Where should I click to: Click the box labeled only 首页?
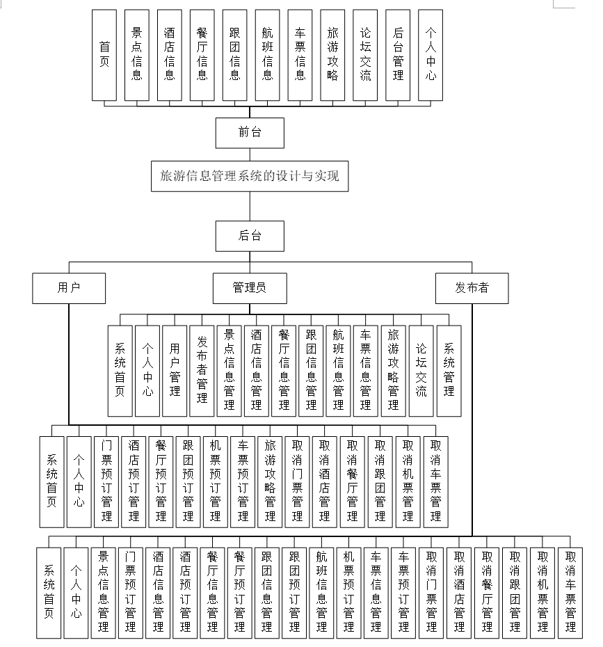(105, 55)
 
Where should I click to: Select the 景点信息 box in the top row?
(137, 55)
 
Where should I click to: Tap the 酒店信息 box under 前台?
(170, 55)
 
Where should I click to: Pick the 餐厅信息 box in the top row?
(202, 55)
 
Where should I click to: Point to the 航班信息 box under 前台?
(268, 55)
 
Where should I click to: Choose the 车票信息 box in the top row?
(300, 55)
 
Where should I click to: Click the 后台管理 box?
(398, 55)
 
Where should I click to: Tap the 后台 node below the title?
(250, 236)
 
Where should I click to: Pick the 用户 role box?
(69, 288)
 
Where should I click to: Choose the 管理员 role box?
(250, 288)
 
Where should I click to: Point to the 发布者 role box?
(472, 288)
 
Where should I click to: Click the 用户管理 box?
(175, 371)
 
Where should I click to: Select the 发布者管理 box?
(202, 371)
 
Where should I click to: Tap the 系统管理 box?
(449, 371)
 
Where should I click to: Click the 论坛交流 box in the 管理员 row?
(421, 371)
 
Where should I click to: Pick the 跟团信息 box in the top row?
(235, 55)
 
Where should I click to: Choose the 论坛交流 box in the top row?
(365, 55)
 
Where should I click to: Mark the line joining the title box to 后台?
(250, 206)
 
